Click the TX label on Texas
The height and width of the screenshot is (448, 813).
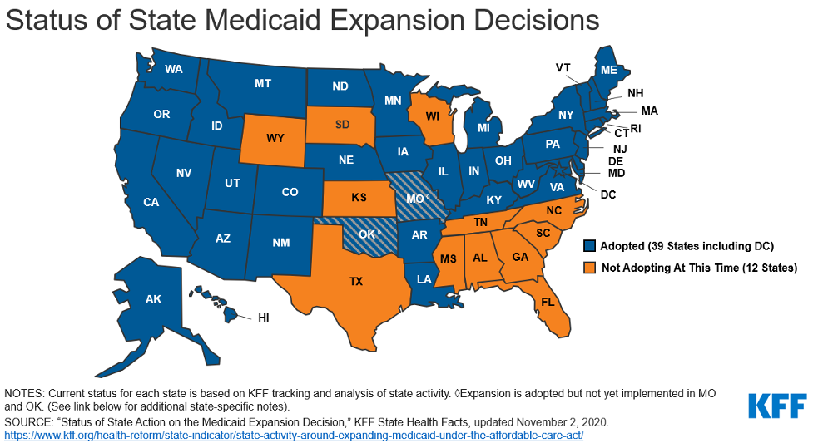point(355,282)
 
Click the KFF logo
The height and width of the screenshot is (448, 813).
point(776,406)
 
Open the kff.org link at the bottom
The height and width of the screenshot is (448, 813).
point(294,436)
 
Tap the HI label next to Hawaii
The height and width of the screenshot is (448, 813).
point(263,318)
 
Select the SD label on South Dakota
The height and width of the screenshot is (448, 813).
point(342,125)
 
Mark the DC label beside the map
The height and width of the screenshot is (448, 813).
point(607,194)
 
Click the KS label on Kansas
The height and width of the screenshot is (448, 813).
point(359,199)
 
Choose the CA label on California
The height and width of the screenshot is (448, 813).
point(151,202)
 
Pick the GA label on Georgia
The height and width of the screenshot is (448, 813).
point(520,258)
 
